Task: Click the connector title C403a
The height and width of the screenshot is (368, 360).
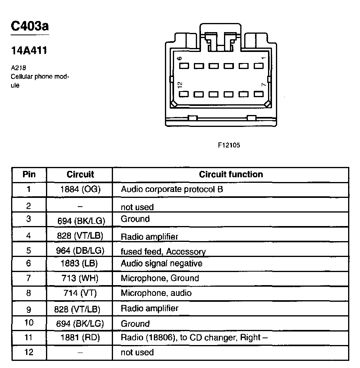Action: [x=30, y=27]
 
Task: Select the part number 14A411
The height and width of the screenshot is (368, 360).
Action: [x=29, y=51]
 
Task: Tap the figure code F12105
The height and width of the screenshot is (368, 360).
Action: [x=229, y=145]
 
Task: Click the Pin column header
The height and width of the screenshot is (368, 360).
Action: [x=29, y=174]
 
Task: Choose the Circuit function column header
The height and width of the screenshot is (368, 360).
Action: [x=231, y=174]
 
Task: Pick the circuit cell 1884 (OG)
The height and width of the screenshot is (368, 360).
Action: [x=80, y=190]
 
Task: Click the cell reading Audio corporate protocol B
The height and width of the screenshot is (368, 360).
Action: [x=172, y=190]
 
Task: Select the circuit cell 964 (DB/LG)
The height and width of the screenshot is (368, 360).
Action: [x=80, y=251]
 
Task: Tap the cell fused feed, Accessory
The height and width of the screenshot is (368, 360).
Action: [x=163, y=251]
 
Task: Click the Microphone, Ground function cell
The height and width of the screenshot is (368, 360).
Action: [x=159, y=278]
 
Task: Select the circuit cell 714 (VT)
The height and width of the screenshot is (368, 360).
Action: [x=80, y=293]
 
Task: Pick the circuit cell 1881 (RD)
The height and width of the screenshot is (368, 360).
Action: [x=80, y=338]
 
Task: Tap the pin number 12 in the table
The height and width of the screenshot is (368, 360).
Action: [x=29, y=352]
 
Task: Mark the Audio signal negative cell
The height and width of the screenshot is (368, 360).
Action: [x=161, y=264]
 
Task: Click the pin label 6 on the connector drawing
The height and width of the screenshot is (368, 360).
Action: [x=180, y=59]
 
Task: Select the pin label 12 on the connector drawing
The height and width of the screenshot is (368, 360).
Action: [x=180, y=85]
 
